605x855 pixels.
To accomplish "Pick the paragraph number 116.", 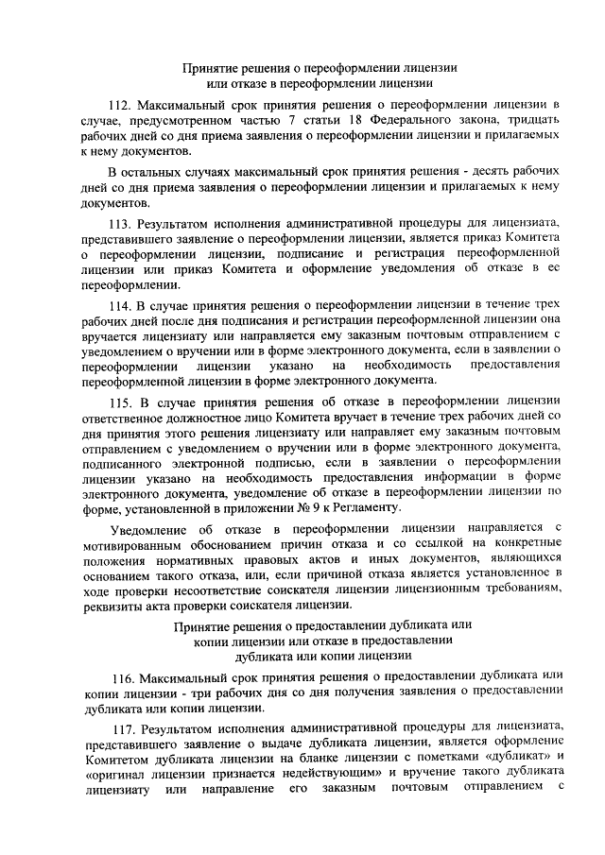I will tap(124, 677).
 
